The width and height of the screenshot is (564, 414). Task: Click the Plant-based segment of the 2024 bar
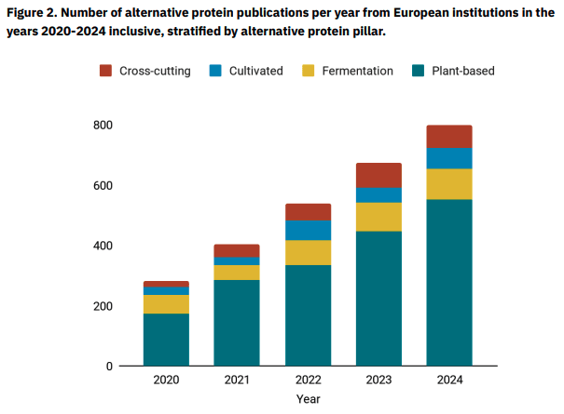(449, 282)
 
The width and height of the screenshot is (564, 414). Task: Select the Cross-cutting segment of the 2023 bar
(378, 175)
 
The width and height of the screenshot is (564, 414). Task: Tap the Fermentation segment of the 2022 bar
(308, 252)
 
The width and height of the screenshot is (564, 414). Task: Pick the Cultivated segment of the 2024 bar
(449, 158)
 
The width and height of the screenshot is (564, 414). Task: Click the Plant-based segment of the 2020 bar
(166, 340)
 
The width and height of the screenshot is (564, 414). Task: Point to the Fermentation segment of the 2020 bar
(166, 304)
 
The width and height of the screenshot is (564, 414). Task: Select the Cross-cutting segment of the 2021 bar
(237, 250)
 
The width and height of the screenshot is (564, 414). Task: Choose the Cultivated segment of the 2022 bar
(308, 230)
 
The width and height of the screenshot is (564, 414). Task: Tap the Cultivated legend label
(255, 71)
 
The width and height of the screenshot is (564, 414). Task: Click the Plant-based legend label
(463, 71)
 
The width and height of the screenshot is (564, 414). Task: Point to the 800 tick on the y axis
(103, 125)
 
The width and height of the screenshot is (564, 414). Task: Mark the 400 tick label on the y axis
(103, 246)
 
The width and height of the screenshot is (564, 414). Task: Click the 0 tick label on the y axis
(108, 366)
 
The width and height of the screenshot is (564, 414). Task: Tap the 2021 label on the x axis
(237, 381)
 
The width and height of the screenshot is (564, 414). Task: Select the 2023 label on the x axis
(378, 381)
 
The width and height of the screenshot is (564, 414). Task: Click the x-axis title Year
(309, 399)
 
